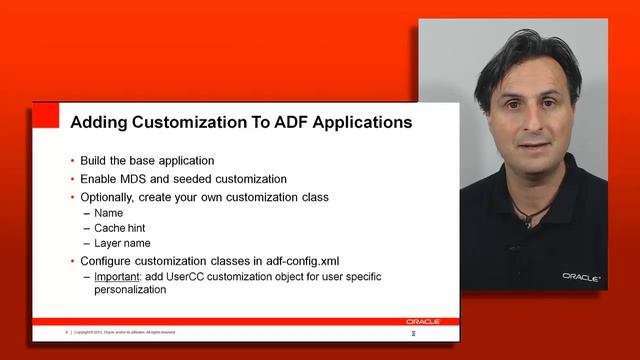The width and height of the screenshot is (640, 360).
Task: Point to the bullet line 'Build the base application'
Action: coord(147,161)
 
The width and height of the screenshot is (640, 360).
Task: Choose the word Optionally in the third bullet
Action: coord(109,197)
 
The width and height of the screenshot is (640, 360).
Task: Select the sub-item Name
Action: coord(109,213)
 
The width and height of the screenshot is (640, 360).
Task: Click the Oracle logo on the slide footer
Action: coord(422,321)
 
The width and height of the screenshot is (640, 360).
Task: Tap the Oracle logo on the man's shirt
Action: coord(581,276)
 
